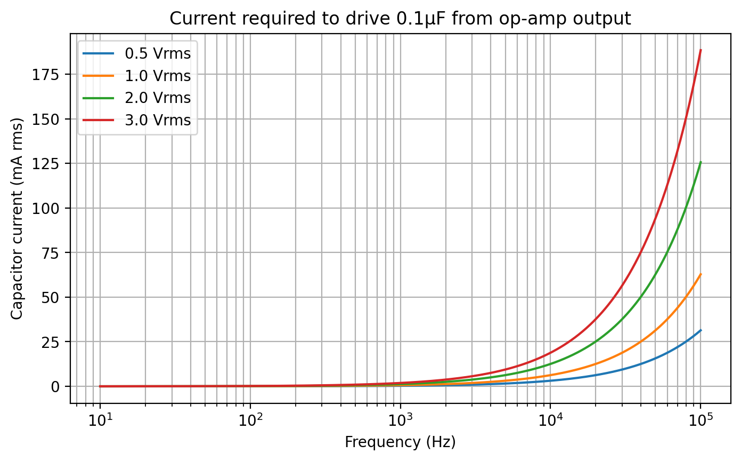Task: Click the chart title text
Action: point(400,18)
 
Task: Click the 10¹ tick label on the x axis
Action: point(100,420)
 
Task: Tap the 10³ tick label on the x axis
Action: point(400,420)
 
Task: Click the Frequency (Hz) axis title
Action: point(400,442)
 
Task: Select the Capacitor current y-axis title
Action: point(17,220)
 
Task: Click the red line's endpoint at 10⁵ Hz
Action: point(701,50)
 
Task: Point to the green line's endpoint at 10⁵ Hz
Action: point(701,162)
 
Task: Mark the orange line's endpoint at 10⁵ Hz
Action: point(701,274)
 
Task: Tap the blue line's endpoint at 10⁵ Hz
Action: point(701,330)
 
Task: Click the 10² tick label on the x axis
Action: point(250,420)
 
